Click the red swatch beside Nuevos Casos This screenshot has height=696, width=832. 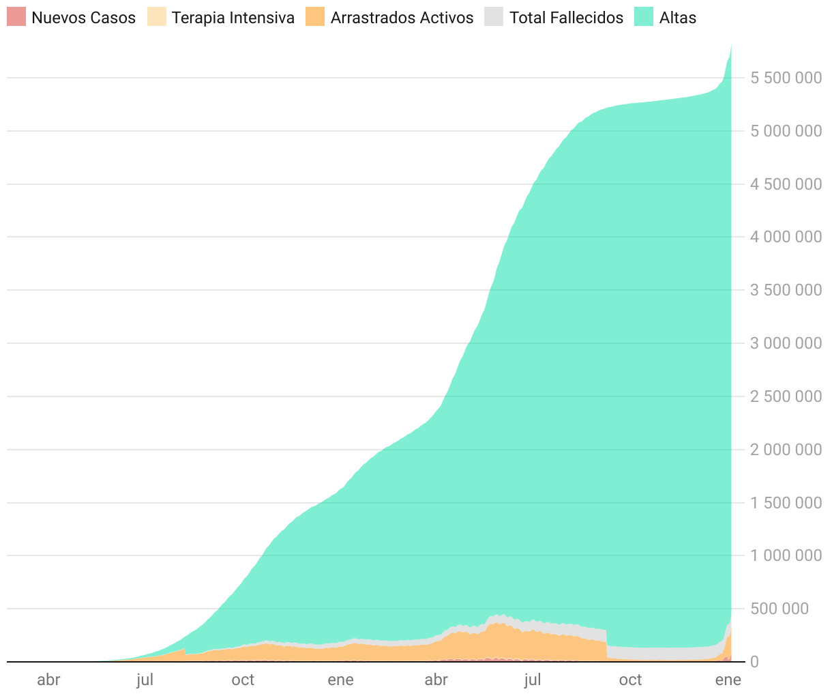coord(16,17)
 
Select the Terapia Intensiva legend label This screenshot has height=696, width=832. coord(233,18)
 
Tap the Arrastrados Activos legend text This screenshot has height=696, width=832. coord(402,18)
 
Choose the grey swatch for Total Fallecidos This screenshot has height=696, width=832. coord(493,17)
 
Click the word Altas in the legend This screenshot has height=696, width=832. coord(677,18)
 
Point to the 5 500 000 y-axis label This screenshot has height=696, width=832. coord(786,78)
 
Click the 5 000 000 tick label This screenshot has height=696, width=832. coord(786,131)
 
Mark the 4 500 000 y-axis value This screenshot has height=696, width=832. coord(786,184)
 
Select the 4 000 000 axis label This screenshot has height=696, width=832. coord(786,237)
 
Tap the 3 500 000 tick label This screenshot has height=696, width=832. coord(786,290)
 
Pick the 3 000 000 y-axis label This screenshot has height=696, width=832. coord(786,343)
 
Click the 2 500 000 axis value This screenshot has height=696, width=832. coord(786,396)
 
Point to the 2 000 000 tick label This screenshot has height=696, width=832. coord(786,450)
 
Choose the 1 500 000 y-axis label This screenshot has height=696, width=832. coord(786,503)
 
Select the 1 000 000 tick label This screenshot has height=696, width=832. coord(786,555)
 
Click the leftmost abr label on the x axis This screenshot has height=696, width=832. coord(48,680)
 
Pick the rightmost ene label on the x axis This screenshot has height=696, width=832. coord(728,680)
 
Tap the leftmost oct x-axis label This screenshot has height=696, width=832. coord(243,680)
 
